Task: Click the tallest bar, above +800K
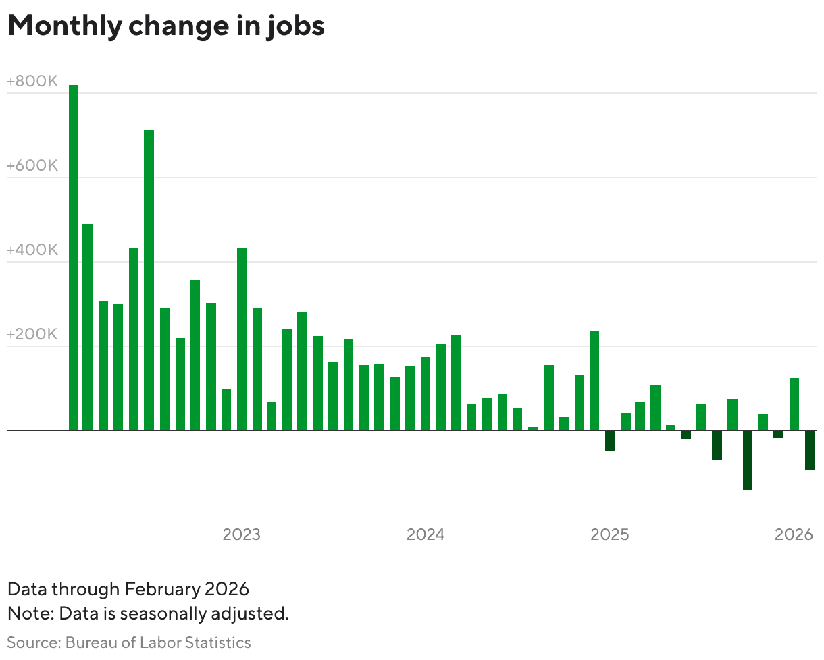pyautogui.click(x=74, y=256)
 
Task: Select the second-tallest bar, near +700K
pyautogui.click(x=149, y=279)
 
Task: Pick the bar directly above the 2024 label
pyautogui.click(x=426, y=393)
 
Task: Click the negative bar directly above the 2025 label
pyautogui.click(x=610, y=441)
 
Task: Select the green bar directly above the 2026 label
pyautogui.click(x=794, y=404)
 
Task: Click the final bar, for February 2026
pyautogui.click(x=809, y=449)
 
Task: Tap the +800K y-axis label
pyautogui.click(x=32, y=82)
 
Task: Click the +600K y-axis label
pyautogui.click(x=32, y=166)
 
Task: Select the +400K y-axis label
pyautogui.click(x=32, y=251)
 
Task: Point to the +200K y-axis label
pyautogui.click(x=32, y=335)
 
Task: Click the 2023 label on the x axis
pyautogui.click(x=242, y=534)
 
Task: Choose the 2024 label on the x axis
pyautogui.click(x=426, y=534)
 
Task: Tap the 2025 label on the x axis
pyautogui.click(x=610, y=534)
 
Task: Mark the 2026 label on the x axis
pyautogui.click(x=794, y=534)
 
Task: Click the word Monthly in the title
pyautogui.click(x=64, y=26)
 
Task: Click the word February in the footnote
pyautogui.click(x=162, y=589)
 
